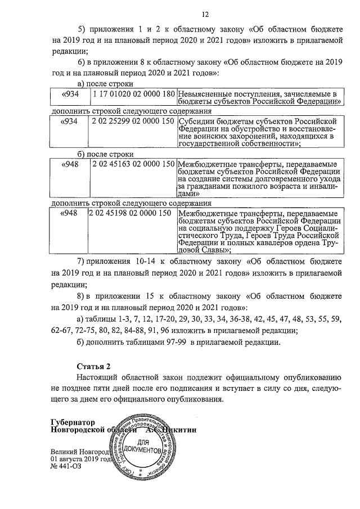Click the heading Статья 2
click(x=93, y=366)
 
